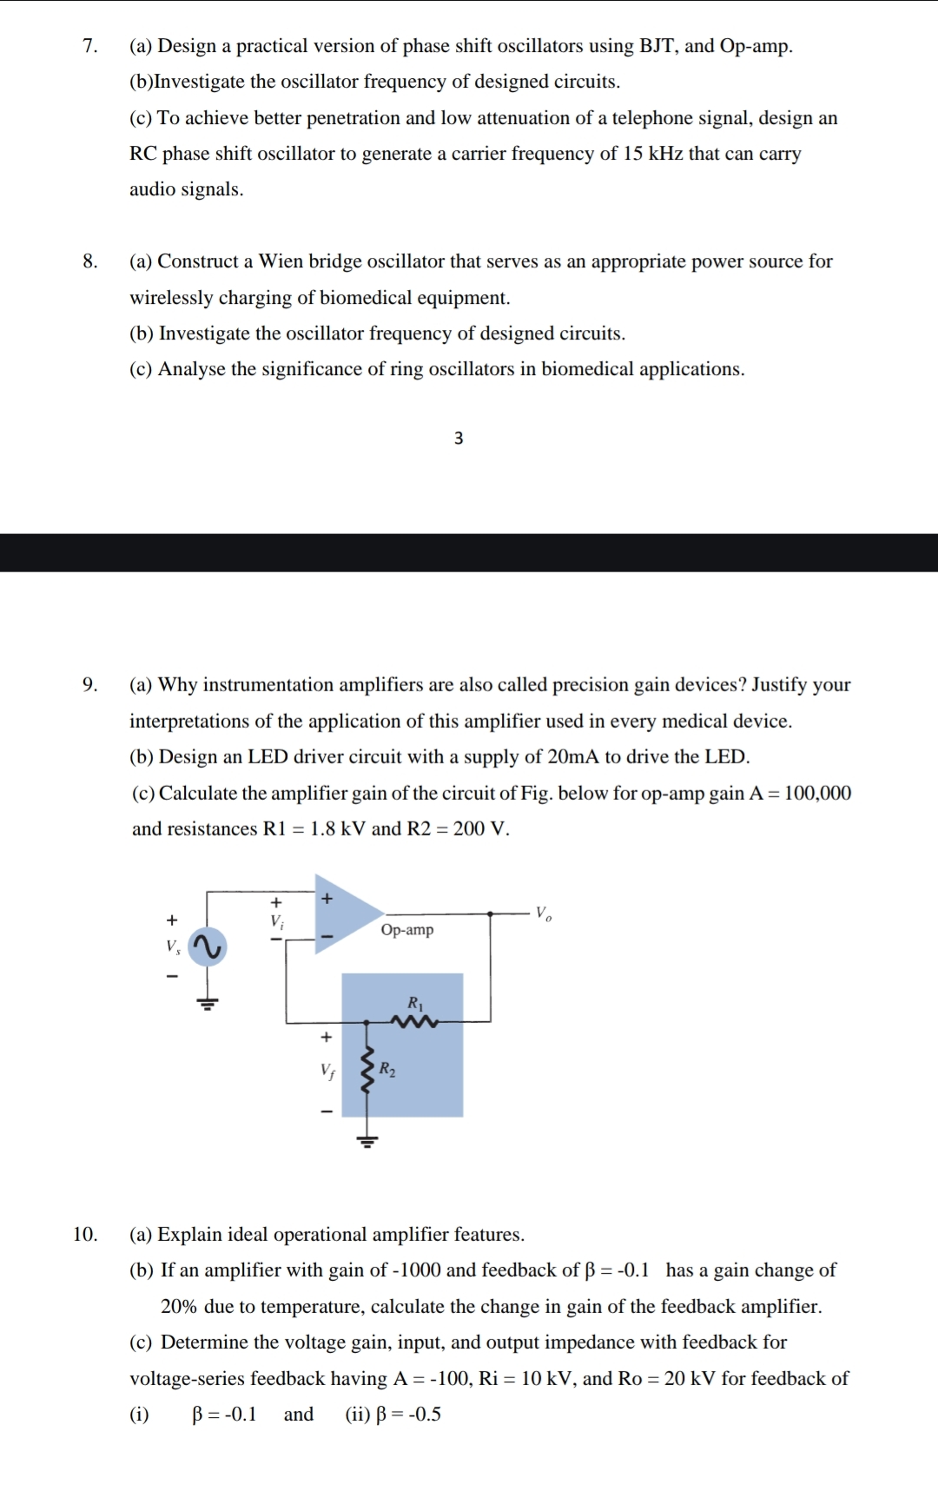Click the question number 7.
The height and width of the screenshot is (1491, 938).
point(89,46)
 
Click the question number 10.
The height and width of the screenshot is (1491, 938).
point(85,1234)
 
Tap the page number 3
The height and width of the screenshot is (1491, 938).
point(459,439)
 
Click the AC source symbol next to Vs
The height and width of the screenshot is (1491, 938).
point(208,947)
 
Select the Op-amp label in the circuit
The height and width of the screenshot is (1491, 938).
point(406,930)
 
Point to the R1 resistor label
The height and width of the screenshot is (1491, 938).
point(415,1004)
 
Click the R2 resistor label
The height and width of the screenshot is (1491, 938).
point(387,1070)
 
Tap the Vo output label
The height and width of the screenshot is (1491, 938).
point(543,914)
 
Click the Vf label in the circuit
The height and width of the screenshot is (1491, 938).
point(327,1071)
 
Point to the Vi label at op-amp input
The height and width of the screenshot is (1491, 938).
point(276,920)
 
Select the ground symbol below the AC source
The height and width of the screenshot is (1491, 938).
point(208,1004)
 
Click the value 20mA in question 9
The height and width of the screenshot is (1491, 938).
point(573,756)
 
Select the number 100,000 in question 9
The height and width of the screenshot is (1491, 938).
point(816,793)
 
